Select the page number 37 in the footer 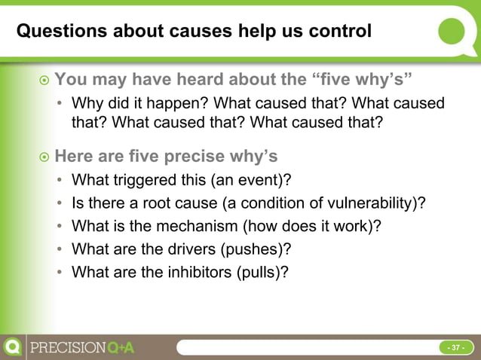(456, 348)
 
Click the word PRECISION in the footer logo (67, 348)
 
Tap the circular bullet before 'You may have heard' (44, 79)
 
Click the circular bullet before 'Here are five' (44, 157)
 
